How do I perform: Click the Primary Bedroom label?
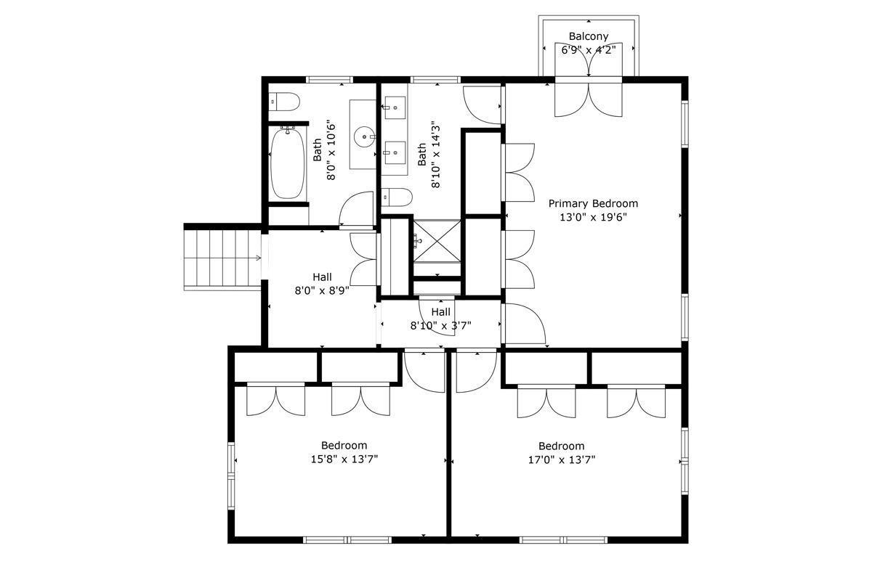tap(593, 203)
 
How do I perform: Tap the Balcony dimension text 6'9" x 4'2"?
tap(588, 50)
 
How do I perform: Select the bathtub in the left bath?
tap(288, 163)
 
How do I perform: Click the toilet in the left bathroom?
tap(285, 102)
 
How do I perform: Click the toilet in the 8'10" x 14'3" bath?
tap(397, 197)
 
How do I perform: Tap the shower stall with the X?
tap(437, 241)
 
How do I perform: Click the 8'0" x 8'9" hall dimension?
tap(322, 291)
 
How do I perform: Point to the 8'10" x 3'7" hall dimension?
tap(440, 325)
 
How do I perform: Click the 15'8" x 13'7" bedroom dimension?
tap(344, 459)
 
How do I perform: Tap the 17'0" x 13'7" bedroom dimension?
tap(562, 460)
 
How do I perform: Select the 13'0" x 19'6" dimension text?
tap(593, 217)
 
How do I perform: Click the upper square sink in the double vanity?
tap(395, 107)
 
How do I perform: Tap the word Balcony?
tap(589, 36)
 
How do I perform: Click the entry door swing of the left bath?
tap(356, 208)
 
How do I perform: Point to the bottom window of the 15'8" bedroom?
tap(347, 540)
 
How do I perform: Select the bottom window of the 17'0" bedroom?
tap(563, 540)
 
